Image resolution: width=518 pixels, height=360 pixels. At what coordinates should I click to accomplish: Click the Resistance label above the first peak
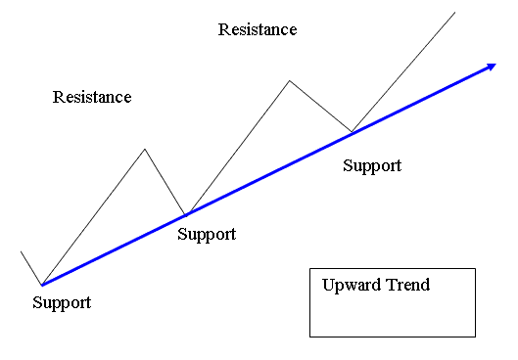[92, 97]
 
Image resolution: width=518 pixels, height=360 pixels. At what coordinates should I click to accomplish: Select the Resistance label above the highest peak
[258, 29]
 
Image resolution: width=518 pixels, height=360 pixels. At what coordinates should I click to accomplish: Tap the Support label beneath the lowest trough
[62, 302]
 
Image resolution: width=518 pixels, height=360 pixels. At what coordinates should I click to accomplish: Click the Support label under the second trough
[207, 234]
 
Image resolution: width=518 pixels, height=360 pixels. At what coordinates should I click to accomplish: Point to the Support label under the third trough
[372, 165]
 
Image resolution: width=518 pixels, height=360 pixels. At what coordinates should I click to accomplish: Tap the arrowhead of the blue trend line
[490, 67]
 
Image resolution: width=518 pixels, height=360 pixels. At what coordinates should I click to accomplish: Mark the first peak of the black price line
[145, 149]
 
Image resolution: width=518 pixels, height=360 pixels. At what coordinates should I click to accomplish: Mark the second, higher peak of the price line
[289, 80]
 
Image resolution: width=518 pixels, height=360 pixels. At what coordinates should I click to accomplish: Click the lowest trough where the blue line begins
[41, 285]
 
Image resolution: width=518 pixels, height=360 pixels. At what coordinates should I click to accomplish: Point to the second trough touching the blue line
[186, 214]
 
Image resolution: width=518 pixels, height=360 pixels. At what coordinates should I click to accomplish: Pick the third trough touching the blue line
[352, 132]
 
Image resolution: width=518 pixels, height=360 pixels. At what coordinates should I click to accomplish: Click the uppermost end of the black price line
[455, 12]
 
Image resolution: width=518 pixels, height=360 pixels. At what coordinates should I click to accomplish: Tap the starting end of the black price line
[22, 251]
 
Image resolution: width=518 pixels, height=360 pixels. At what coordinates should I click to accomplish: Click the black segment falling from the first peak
[165, 181]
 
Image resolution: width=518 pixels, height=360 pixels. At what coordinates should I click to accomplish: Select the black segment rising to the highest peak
[237, 147]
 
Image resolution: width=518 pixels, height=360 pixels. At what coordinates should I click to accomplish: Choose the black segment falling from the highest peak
[320, 106]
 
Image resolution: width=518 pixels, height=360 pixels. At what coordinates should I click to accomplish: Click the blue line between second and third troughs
[269, 173]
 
